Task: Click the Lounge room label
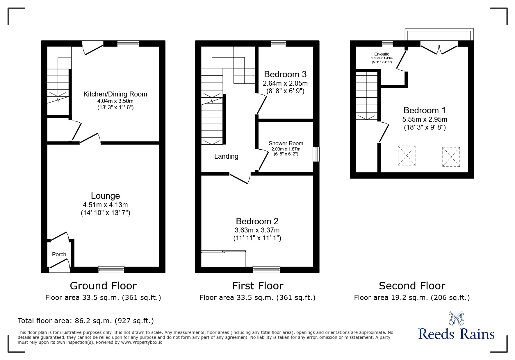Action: click(105, 196)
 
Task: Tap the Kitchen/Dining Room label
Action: click(115, 94)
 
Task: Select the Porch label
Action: click(59, 254)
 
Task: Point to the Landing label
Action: click(226, 156)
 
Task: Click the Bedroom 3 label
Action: click(285, 74)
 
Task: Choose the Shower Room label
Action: click(286, 143)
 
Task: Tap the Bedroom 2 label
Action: click(257, 221)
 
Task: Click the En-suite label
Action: click(382, 54)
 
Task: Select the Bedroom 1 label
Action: click(425, 110)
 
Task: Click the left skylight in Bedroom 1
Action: click(407, 156)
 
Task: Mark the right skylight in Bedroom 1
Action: click(451, 157)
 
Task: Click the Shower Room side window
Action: click(316, 154)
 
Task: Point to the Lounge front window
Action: click(111, 270)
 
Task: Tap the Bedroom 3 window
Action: click(278, 44)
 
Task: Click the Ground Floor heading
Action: click(103, 286)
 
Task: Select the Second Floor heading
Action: click(412, 286)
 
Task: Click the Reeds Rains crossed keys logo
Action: click(456, 318)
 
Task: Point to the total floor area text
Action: click(86, 321)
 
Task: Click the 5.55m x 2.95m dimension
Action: click(425, 119)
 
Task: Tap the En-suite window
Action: click(387, 44)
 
